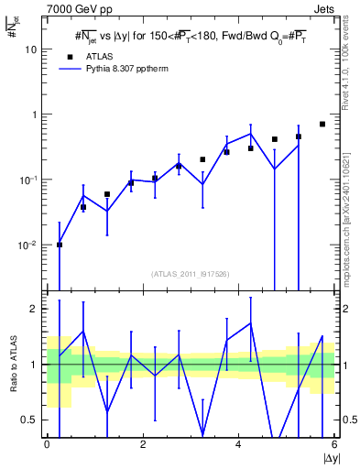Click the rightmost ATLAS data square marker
point(322,124)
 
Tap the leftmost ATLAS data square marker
point(60,245)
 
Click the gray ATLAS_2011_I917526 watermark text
point(190,274)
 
